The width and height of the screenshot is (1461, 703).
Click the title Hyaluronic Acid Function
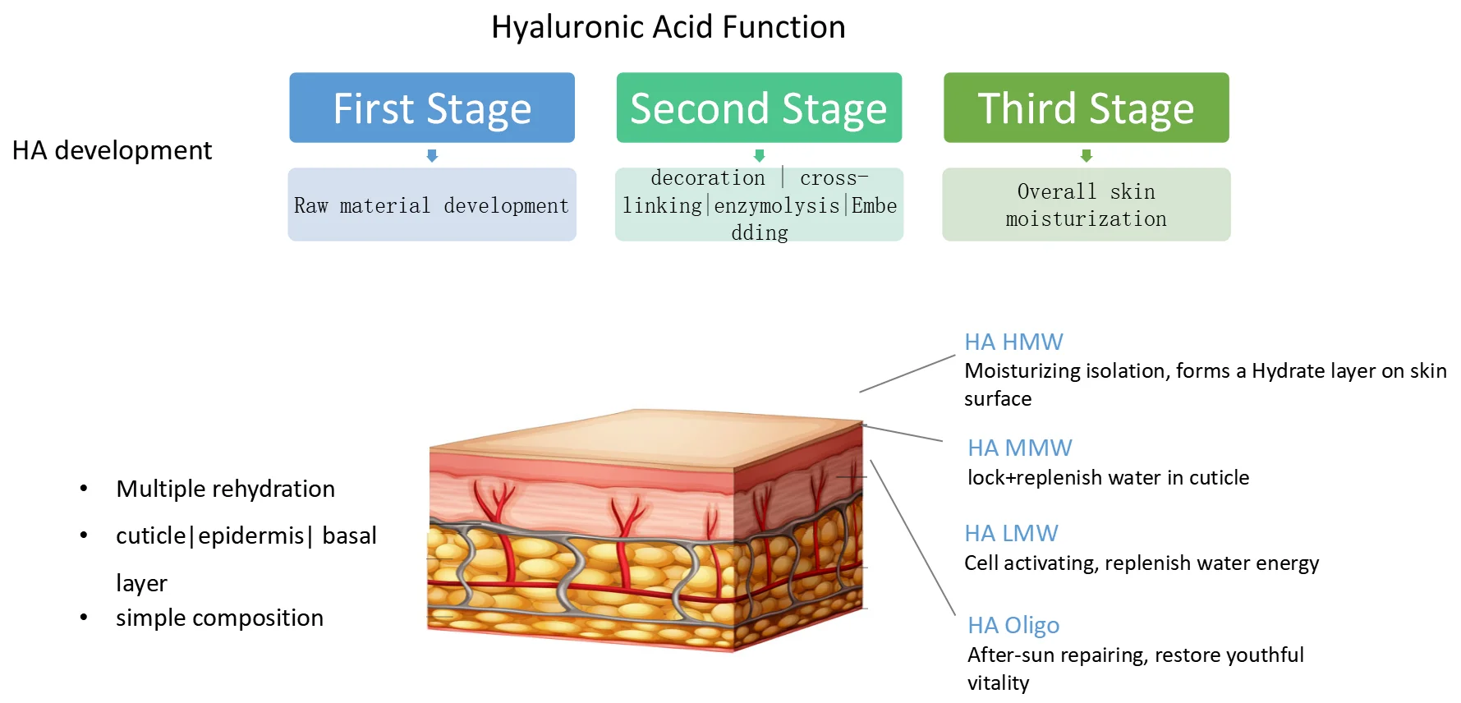tap(668, 27)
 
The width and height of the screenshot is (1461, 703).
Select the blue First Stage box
tap(432, 108)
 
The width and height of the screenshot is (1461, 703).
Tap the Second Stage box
tap(759, 108)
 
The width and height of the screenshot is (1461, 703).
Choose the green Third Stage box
tap(1086, 108)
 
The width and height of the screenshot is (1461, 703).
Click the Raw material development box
tap(432, 205)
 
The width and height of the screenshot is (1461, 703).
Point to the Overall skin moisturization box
tap(1086, 205)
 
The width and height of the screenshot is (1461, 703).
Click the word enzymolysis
tap(776, 205)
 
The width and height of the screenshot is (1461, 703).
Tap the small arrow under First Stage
tap(432, 155)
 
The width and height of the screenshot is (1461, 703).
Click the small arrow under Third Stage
tap(1086, 155)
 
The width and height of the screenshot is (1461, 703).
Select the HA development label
tap(112, 150)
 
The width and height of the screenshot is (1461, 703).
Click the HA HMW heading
tap(1013, 342)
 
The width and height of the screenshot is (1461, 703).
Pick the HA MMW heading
tap(1019, 448)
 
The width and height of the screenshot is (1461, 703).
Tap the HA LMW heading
tap(1011, 533)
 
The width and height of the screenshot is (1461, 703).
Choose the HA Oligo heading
tap(1013, 625)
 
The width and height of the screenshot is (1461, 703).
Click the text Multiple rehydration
tap(226, 489)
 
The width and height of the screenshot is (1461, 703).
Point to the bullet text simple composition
tap(219, 618)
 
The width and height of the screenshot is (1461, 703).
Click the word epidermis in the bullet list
tap(250, 535)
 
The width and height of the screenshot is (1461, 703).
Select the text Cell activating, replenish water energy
tap(1142, 563)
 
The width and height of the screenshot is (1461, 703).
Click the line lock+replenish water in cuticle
tap(1108, 477)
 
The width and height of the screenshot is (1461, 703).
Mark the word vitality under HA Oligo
tap(998, 682)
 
